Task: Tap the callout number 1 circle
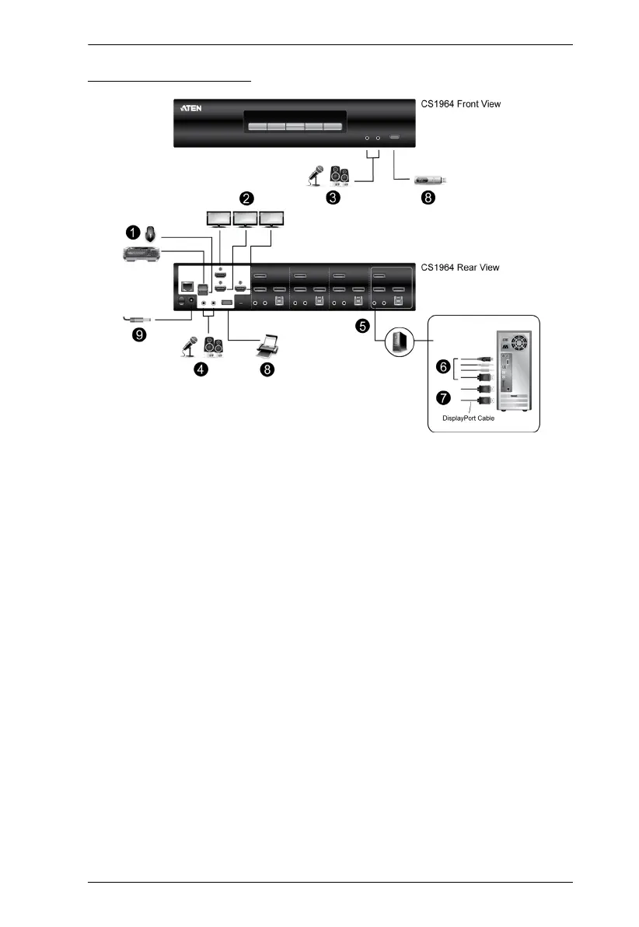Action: click(133, 231)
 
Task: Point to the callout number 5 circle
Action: click(363, 327)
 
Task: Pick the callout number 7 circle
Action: click(443, 398)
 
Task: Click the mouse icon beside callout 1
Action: click(152, 231)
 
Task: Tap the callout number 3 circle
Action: click(332, 198)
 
